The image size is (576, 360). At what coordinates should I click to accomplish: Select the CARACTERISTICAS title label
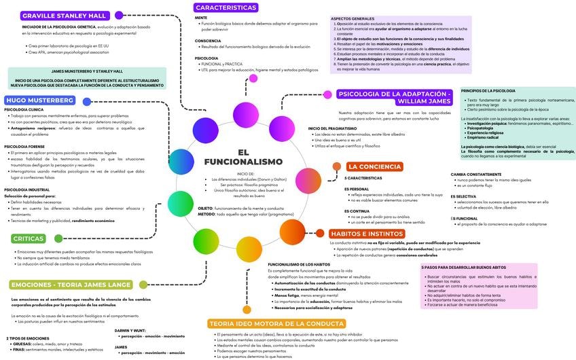coord(226,7)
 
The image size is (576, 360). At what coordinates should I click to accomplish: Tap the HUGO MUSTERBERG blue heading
coord(40,100)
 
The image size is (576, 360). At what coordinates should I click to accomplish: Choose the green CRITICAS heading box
coord(28,238)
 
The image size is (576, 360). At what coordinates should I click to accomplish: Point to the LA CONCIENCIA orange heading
coord(374,166)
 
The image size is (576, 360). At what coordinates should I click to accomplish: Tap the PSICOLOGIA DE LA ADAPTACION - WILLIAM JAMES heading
coord(395,97)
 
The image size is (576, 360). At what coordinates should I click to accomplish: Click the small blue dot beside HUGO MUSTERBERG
coord(87,101)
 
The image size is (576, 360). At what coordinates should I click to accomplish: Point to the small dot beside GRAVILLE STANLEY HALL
coord(119,15)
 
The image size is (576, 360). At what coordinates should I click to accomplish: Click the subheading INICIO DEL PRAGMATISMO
coord(332,128)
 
